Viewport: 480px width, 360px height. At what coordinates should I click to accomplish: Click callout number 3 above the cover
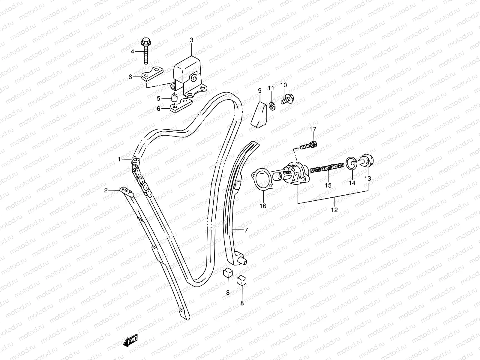pos(192,40)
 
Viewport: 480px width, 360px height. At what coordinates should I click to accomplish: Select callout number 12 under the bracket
pos(334,210)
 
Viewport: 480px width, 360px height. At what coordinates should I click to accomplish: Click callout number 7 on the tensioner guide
pos(246,230)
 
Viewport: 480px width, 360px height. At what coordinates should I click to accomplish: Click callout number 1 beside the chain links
pos(119,159)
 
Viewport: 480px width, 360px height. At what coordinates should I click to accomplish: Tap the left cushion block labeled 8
pos(227,272)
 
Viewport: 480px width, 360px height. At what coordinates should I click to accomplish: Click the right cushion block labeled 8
pos(241,280)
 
